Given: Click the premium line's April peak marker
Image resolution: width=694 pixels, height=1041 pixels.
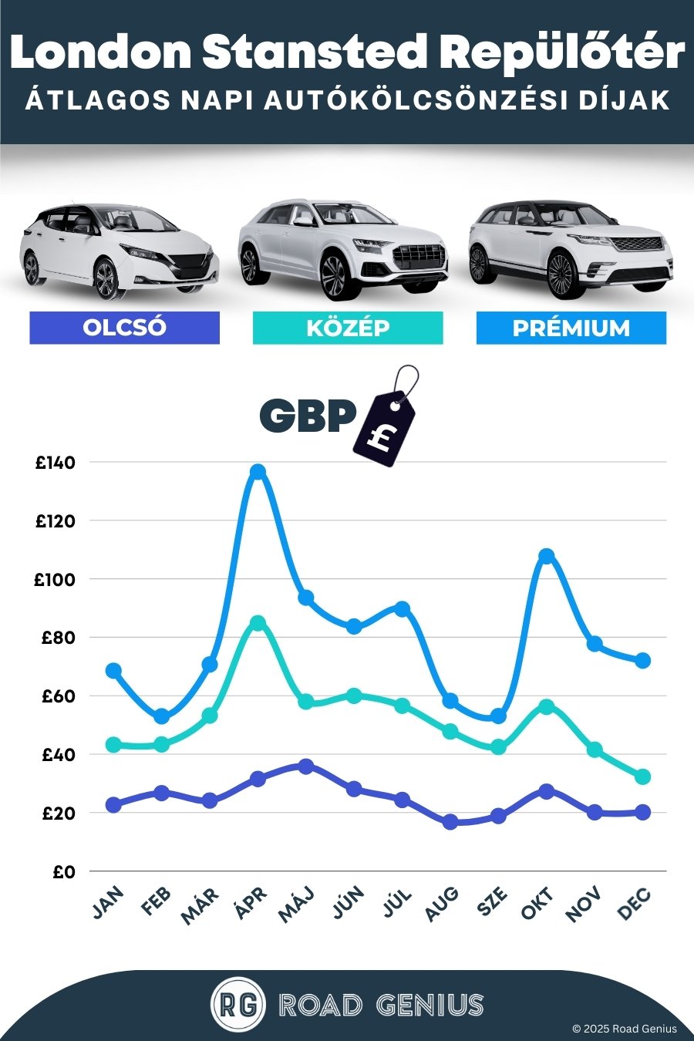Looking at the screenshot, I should click(258, 471).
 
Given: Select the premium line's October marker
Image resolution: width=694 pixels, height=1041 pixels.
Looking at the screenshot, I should click(546, 556).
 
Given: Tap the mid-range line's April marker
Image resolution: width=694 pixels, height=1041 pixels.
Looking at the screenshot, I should click(258, 623).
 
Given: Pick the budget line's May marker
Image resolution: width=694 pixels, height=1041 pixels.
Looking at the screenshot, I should click(306, 766).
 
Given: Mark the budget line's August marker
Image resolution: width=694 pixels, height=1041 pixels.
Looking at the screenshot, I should click(450, 822).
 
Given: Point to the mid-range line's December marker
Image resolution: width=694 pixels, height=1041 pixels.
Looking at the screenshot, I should click(642, 777).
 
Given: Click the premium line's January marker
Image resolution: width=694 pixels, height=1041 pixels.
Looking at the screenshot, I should click(113, 670).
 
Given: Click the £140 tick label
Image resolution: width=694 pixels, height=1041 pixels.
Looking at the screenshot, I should click(56, 463).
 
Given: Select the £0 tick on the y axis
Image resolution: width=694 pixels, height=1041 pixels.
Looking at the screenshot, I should click(64, 872).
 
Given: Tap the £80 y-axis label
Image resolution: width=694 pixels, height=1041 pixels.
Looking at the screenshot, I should click(59, 638).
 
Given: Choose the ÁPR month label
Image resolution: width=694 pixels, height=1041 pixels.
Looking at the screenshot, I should click(251, 904).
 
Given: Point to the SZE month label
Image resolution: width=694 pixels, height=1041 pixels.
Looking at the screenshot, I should click(493, 902).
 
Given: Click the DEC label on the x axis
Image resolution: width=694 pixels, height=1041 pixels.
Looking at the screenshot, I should click(635, 905).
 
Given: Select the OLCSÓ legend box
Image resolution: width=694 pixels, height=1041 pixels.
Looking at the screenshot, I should click(124, 328).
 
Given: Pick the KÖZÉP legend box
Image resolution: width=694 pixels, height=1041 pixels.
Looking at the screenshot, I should click(348, 328).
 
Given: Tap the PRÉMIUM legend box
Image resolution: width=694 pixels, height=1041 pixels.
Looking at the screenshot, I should click(571, 328).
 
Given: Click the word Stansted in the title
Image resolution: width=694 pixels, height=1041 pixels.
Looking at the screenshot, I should click(315, 52).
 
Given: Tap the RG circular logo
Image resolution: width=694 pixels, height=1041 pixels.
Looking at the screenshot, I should click(238, 1005).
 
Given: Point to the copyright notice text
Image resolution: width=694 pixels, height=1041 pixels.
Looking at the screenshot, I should click(624, 1029).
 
